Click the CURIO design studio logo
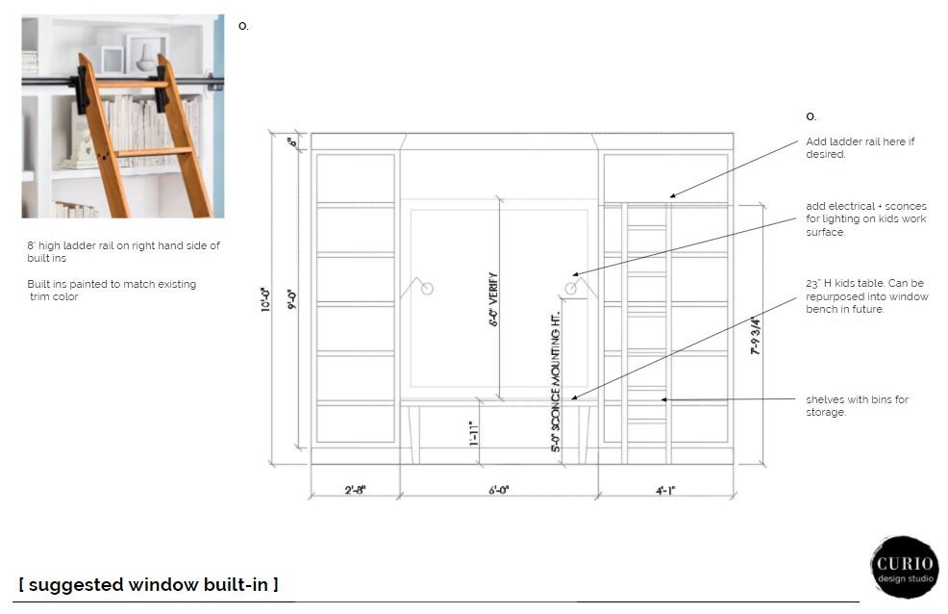(905, 568)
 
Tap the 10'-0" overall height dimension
(266, 299)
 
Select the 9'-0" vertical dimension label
(292, 299)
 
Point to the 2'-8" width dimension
(355, 490)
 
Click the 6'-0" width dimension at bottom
(499, 490)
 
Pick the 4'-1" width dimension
(665, 490)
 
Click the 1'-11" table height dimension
(474, 434)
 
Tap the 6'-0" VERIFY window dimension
(493, 299)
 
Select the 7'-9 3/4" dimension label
(756, 335)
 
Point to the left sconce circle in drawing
(427, 289)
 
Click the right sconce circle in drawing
(571, 289)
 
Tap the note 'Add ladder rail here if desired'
(860, 147)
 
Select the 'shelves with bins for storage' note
(857, 406)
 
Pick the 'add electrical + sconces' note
(865, 219)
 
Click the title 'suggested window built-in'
(149, 584)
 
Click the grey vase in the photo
(146, 58)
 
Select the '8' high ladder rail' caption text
(123, 251)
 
